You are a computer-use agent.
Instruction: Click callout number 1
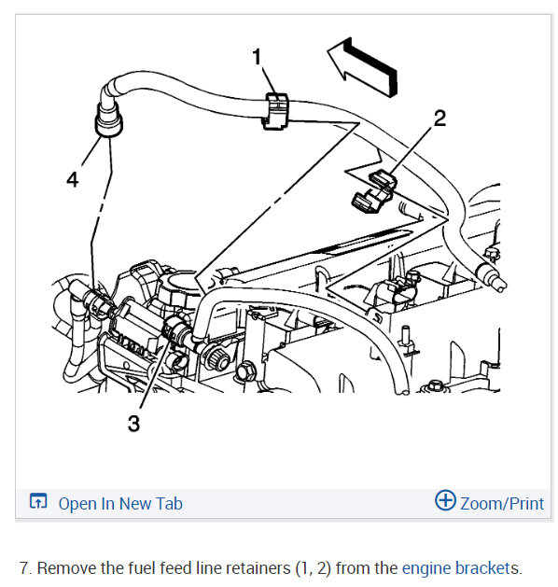click(x=257, y=57)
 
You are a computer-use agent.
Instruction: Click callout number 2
click(x=439, y=118)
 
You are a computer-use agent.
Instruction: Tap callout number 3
click(x=133, y=424)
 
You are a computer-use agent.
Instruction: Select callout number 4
click(x=73, y=179)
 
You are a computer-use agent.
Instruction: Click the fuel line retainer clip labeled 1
click(x=275, y=111)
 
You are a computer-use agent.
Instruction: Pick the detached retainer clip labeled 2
click(x=373, y=191)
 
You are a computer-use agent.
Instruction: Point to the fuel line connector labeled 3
click(x=176, y=328)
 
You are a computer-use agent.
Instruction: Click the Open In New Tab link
click(x=120, y=504)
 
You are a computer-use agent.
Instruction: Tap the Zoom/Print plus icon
click(x=445, y=500)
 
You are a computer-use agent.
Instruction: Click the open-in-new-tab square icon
click(x=38, y=501)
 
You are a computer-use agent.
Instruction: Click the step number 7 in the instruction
click(x=25, y=568)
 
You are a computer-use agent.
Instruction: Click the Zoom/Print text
click(x=502, y=504)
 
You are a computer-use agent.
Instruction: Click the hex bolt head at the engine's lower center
click(x=246, y=371)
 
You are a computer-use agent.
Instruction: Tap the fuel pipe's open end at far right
click(x=500, y=285)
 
